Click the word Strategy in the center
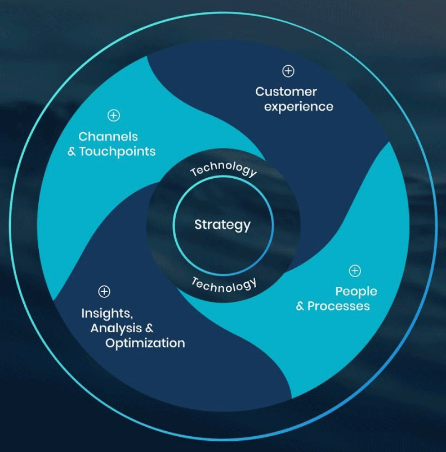click(x=222, y=225)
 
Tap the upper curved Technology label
click(x=224, y=168)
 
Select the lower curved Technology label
click(x=224, y=286)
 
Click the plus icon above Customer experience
click(x=288, y=71)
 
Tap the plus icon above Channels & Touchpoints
click(x=114, y=115)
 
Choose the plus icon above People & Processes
click(x=355, y=270)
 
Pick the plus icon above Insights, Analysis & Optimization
click(x=104, y=291)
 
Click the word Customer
click(x=286, y=92)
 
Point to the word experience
click(x=299, y=107)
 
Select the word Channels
click(x=108, y=137)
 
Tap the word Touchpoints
click(x=118, y=152)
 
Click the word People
click(x=356, y=291)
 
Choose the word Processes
click(x=338, y=306)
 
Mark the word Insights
click(x=107, y=313)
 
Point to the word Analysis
click(x=116, y=329)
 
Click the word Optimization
click(x=145, y=343)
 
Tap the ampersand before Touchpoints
click(x=72, y=152)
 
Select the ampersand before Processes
click(x=300, y=306)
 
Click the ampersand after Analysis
click(x=149, y=328)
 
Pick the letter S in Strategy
click(x=199, y=224)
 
